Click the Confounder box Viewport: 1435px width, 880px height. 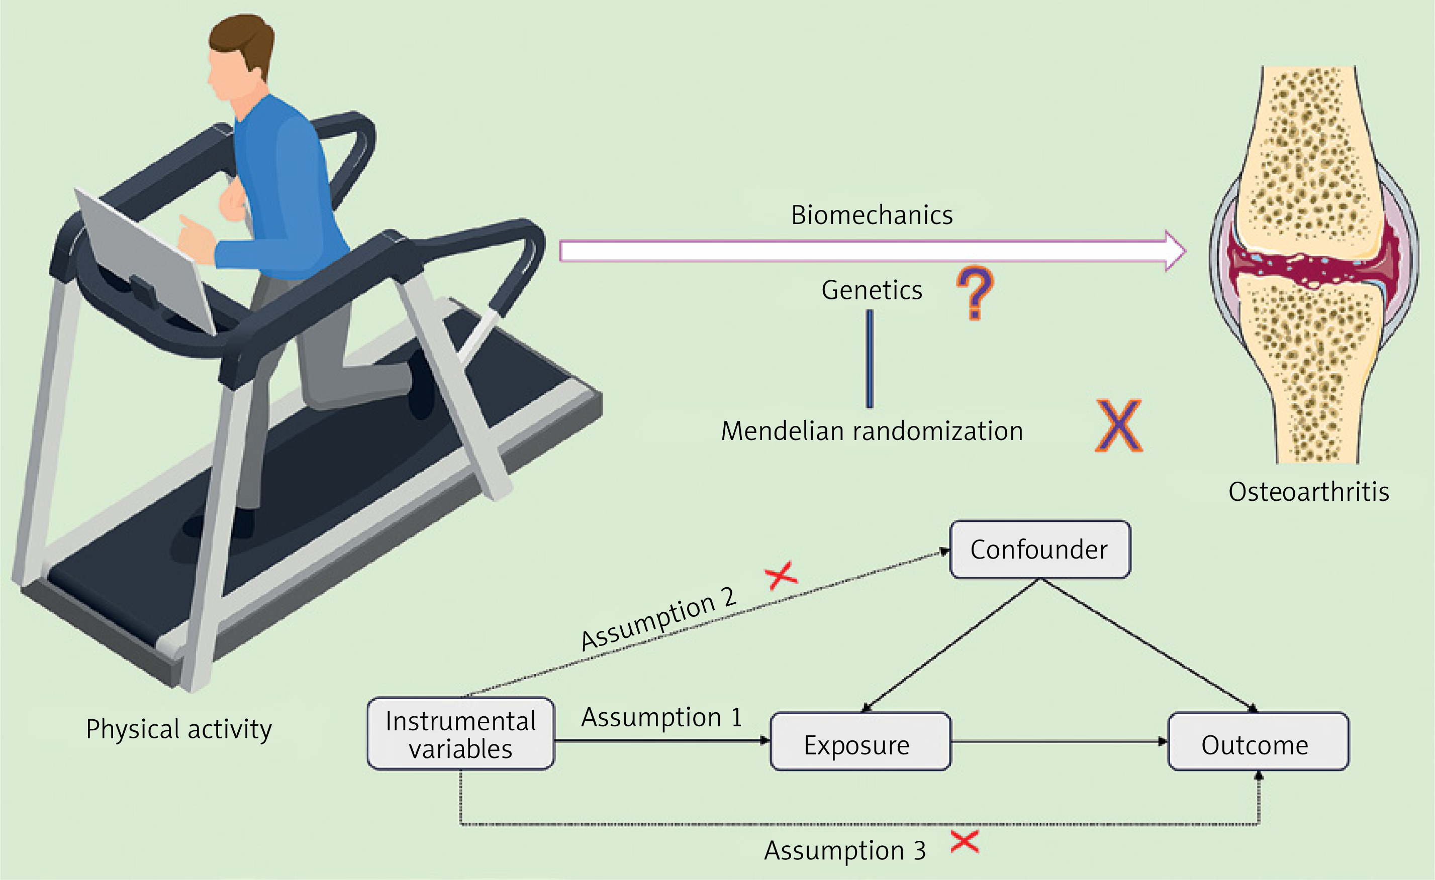[x=1039, y=549]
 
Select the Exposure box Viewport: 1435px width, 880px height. [x=859, y=741]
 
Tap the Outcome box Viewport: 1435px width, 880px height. [x=1258, y=741]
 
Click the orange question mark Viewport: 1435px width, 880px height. [x=975, y=292]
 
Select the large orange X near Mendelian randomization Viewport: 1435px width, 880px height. [x=1119, y=425]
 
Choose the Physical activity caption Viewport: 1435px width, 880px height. [x=179, y=729]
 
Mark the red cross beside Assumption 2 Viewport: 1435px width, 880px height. [x=781, y=575]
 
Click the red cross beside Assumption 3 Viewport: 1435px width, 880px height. [x=965, y=842]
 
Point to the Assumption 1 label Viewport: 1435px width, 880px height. [x=661, y=717]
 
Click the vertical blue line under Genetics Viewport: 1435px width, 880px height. [x=870, y=359]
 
